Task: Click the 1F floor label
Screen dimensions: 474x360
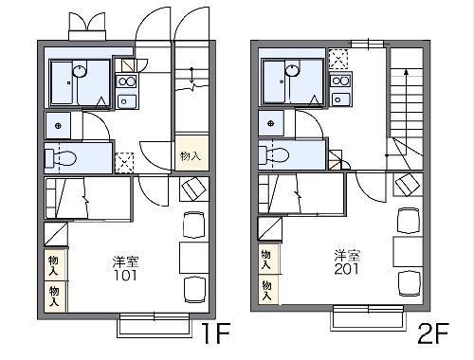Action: pos(216,333)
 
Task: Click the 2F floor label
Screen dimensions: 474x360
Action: pos(432,333)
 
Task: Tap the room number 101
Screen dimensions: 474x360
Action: pos(125,275)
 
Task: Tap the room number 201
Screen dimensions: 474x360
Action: pos(347,269)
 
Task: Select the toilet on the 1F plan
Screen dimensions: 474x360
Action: pos(61,157)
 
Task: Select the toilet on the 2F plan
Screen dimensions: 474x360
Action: pos(274,155)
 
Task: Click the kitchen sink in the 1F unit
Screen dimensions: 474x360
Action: pos(126,101)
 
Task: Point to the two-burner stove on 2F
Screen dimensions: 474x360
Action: pos(340,81)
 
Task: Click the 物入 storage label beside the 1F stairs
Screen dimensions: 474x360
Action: pos(191,156)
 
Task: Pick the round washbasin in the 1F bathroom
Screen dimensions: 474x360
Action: pos(80,71)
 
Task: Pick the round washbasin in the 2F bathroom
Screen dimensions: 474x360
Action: pos(292,70)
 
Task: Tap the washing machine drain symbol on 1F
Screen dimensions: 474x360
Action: pos(58,126)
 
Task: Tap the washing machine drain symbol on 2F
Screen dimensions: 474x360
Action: pos(270,123)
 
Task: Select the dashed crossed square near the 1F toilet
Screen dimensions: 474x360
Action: pos(124,162)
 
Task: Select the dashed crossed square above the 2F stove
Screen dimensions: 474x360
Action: pos(338,59)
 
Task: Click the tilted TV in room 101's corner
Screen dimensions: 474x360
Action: pos(194,189)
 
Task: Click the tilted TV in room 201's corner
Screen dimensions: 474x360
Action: pos(408,184)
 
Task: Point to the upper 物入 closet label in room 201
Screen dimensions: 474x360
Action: pos(266,260)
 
